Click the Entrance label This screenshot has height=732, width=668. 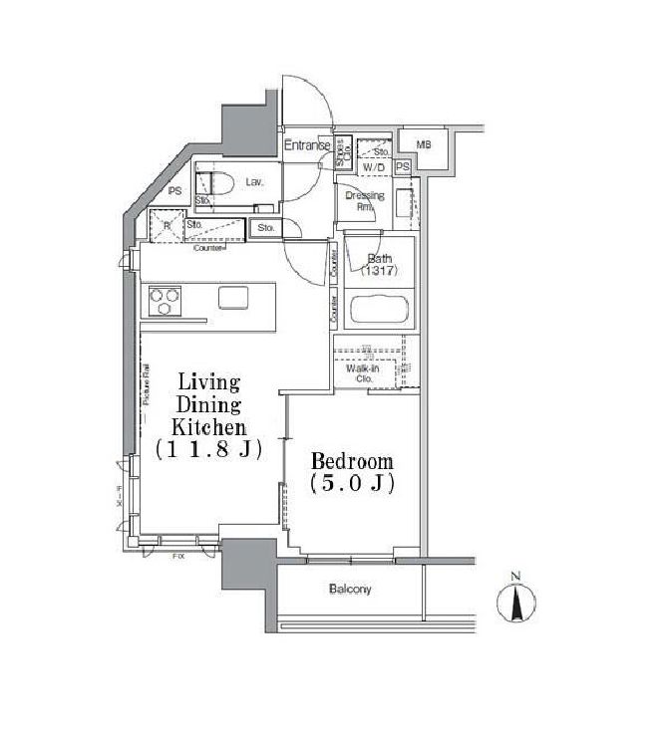(306, 146)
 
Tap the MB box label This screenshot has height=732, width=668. (424, 145)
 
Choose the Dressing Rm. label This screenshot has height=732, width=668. (364, 200)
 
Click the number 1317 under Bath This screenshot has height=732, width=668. (379, 273)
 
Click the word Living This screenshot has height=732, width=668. (208, 382)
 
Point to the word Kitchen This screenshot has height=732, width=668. (208, 426)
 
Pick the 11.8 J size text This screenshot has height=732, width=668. (208, 449)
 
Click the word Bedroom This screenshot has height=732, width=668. (352, 462)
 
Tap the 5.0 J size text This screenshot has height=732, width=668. (352, 485)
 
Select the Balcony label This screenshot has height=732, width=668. (350, 590)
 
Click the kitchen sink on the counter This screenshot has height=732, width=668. (234, 297)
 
